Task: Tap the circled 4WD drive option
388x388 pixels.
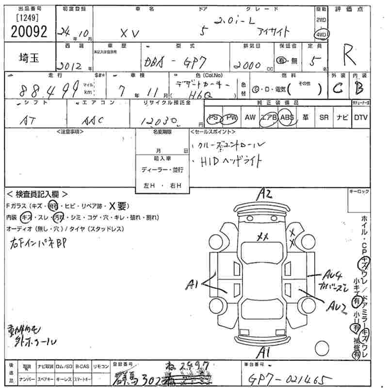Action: point(321,35)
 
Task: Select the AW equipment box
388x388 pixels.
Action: point(250,117)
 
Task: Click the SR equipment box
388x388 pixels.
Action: point(323,117)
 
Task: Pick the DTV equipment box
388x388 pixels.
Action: point(360,117)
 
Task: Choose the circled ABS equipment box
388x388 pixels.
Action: point(287,117)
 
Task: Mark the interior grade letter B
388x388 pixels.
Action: point(359,89)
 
